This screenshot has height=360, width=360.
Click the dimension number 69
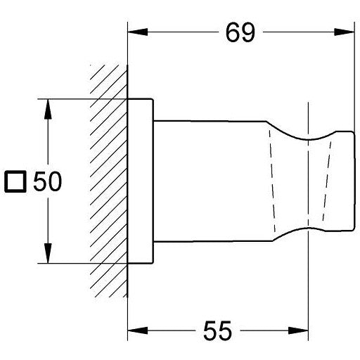click(x=240, y=33)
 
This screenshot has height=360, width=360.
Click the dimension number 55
click(x=217, y=330)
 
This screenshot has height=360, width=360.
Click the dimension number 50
click(x=48, y=181)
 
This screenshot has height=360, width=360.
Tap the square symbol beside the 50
click(x=15, y=181)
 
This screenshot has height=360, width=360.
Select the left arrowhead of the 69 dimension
click(x=138, y=32)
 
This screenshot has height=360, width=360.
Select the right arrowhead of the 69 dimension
click(x=344, y=32)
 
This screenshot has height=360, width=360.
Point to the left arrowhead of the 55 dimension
click(x=138, y=330)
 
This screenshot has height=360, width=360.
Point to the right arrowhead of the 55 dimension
click(x=298, y=330)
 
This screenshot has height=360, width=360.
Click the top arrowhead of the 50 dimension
click(x=48, y=109)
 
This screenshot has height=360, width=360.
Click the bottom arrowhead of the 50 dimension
click(x=48, y=253)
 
